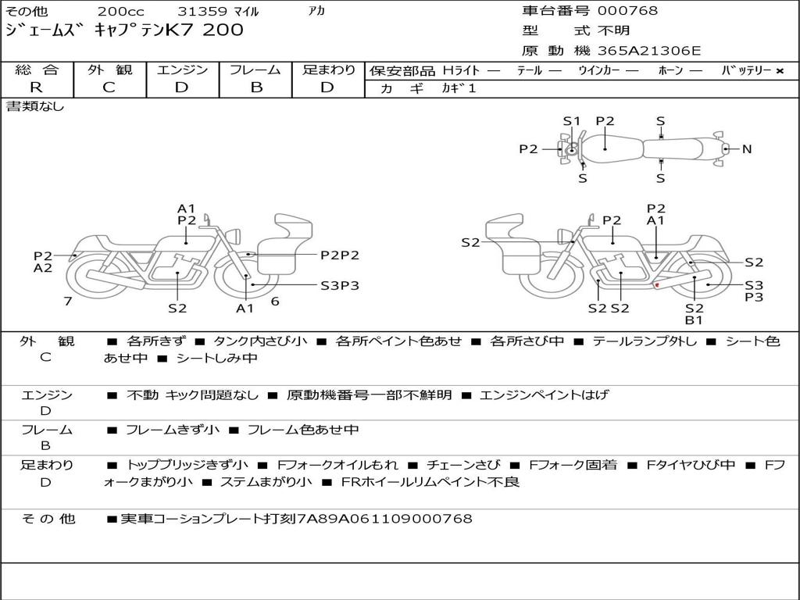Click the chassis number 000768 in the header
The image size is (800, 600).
click(x=627, y=10)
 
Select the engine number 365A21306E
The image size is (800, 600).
click(x=649, y=51)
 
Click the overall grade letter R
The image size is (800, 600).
click(x=36, y=87)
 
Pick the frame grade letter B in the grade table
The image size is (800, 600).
click(x=256, y=87)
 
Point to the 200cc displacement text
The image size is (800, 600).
click(x=121, y=11)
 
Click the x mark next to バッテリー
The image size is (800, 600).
click(x=780, y=71)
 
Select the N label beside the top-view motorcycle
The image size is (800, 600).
click(x=747, y=149)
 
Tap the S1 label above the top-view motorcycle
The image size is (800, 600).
click(x=572, y=121)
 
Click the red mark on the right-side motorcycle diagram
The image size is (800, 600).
click(x=657, y=284)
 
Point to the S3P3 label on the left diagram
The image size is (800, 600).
click(x=340, y=286)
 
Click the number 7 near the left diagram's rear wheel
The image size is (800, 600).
click(x=68, y=301)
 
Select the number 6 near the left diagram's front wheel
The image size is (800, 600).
click(x=275, y=301)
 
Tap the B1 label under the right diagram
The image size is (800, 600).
click(x=694, y=320)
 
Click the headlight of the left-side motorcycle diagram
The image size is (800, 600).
click(x=234, y=237)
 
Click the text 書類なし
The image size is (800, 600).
click(x=35, y=106)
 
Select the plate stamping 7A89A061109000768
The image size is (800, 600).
click(x=384, y=519)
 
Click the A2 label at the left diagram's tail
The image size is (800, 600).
click(x=43, y=268)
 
